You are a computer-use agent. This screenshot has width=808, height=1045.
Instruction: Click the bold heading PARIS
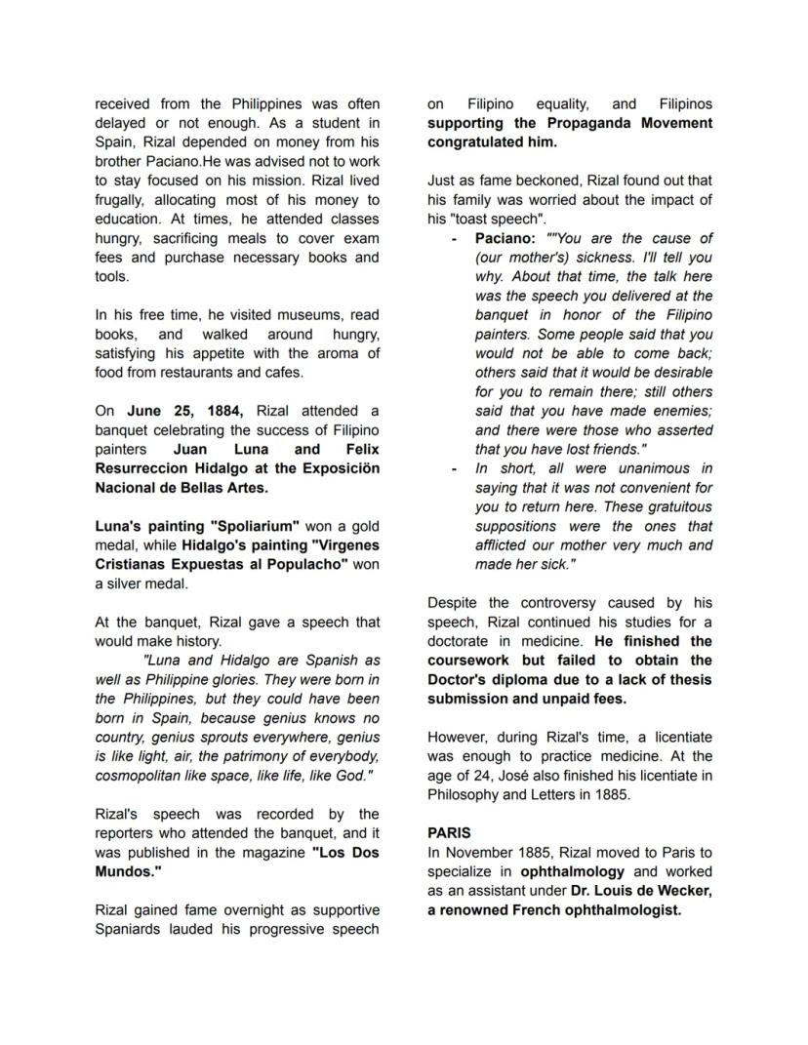click(x=449, y=833)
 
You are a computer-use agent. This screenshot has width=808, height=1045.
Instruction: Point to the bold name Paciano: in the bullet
click(x=505, y=238)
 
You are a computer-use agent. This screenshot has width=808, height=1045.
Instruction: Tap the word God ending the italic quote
click(x=354, y=776)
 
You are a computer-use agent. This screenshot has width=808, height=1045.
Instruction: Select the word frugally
click(x=124, y=200)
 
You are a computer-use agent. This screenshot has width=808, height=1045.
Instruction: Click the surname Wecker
click(x=683, y=891)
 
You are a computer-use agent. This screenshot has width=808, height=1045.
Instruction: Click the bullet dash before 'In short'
click(x=455, y=468)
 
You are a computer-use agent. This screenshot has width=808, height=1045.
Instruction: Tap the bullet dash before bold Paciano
click(x=455, y=238)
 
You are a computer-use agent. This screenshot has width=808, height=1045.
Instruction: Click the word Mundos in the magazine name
click(x=126, y=871)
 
